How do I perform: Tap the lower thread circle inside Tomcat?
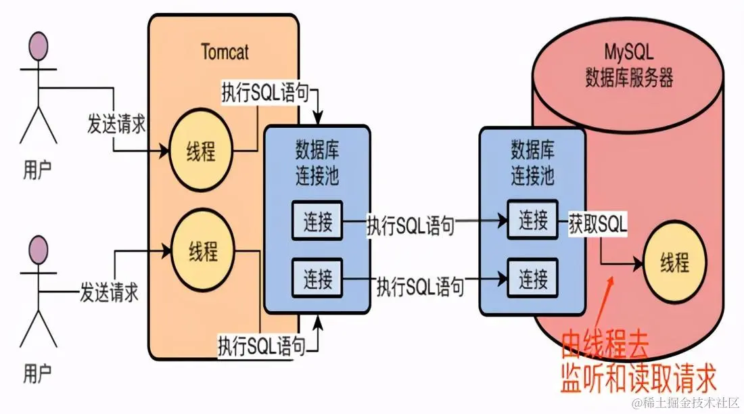click(202, 252)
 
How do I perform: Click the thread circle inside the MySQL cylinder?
click(674, 262)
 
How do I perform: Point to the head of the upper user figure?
click(38, 47)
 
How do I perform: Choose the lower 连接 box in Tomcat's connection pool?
click(317, 277)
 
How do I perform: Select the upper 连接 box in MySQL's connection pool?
click(533, 220)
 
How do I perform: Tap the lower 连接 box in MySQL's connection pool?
click(533, 277)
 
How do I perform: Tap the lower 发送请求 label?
click(109, 293)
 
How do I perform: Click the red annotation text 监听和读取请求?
click(637, 379)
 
